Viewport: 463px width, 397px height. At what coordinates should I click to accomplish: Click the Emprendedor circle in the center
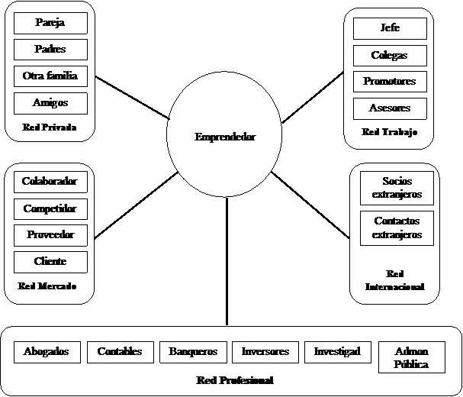point(224,137)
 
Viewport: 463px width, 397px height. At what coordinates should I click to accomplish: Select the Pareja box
point(50,23)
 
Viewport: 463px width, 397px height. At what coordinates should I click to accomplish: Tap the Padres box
point(50,50)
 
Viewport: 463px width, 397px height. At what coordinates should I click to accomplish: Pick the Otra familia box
point(50,76)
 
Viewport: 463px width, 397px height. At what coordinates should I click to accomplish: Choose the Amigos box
point(50,103)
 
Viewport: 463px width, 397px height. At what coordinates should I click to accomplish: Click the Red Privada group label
point(50,127)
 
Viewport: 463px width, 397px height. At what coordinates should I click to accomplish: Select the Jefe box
point(390,28)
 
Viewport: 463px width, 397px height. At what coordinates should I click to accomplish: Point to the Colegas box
point(390,56)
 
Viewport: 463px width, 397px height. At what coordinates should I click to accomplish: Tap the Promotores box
point(390,82)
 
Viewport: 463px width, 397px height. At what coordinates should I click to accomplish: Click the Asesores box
point(390,108)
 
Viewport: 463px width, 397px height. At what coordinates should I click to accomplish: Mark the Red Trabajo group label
point(390,132)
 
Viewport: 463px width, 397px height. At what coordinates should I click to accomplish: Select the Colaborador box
point(50,182)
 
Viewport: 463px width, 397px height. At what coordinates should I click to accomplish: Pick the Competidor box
point(50,208)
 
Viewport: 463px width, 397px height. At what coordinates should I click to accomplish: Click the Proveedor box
point(50,235)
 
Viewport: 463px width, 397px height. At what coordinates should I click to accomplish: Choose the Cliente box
point(50,262)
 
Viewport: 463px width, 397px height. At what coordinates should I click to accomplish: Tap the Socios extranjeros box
point(397,188)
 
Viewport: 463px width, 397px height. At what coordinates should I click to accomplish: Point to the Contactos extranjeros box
point(397,228)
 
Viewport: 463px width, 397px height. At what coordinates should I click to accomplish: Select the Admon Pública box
point(412,357)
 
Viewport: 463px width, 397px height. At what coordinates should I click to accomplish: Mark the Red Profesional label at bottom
point(235,380)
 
